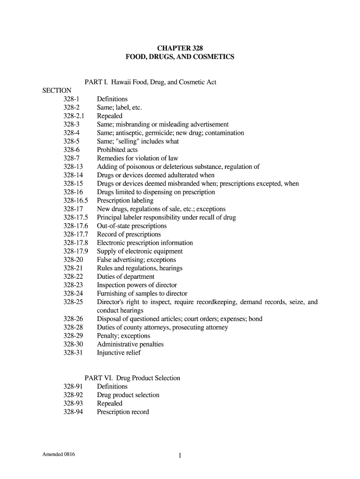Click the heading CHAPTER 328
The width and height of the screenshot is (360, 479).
[180, 48]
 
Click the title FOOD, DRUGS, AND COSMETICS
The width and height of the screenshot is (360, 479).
[180, 57]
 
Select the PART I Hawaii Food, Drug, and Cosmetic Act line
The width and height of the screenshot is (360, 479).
[150, 82]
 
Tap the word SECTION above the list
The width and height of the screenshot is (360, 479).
[57, 91]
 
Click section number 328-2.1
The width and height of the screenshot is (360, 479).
[73, 116]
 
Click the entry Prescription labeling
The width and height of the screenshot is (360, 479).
[125, 201]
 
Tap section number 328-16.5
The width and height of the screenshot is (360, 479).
[75, 201]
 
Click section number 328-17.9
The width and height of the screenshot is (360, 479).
[75, 251]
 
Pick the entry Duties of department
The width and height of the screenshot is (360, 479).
[126, 276]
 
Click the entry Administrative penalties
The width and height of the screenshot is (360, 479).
[130, 344]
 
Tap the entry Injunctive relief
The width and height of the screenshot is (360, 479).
[119, 353]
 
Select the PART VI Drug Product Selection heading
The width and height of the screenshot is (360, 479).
[132, 378]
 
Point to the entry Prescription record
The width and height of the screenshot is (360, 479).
[123, 412]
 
